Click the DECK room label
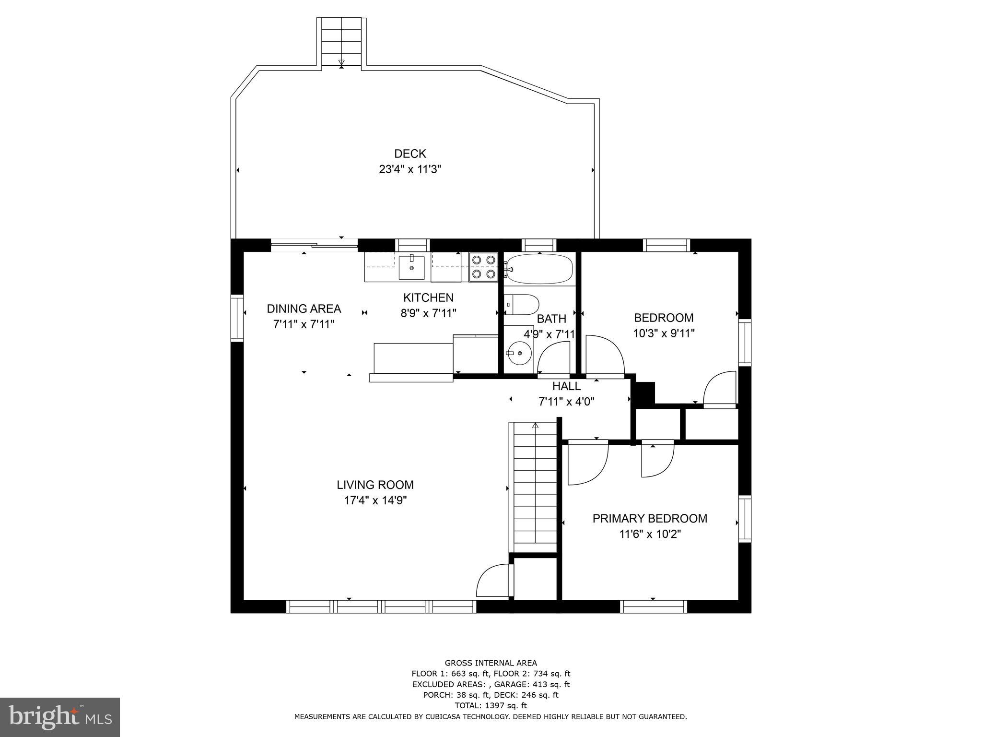(x=410, y=154)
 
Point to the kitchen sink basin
(x=411, y=267)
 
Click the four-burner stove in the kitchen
(x=483, y=267)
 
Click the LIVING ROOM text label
(x=375, y=485)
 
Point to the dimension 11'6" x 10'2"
(x=650, y=534)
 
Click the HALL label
(x=566, y=386)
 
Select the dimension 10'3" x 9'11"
(x=664, y=333)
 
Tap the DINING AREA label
(x=304, y=309)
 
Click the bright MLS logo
(x=60, y=717)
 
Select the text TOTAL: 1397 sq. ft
(x=491, y=705)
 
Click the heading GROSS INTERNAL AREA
(x=491, y=663)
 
